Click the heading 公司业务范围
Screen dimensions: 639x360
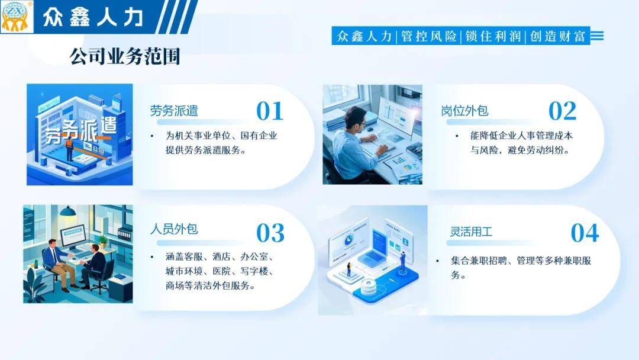click(125, 56)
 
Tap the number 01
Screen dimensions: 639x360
click(270, 111)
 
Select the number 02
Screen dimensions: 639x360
click(563, 111)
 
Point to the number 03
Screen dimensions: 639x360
click(270, 233)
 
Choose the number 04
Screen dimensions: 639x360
click(585, 233)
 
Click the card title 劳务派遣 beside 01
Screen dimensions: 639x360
click(174, 111)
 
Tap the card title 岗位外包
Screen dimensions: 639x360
click(464, 111)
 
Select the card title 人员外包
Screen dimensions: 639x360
click(174, 229)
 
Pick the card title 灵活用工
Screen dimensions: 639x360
click(471, 232)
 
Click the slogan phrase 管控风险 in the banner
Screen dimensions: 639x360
click(429, 36)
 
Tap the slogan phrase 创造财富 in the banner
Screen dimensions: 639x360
click(557, 36)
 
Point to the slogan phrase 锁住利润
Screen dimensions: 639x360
click(493, 36)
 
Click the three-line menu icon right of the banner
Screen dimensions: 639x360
click(597, 36)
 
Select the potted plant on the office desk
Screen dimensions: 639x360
click(103, 240)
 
